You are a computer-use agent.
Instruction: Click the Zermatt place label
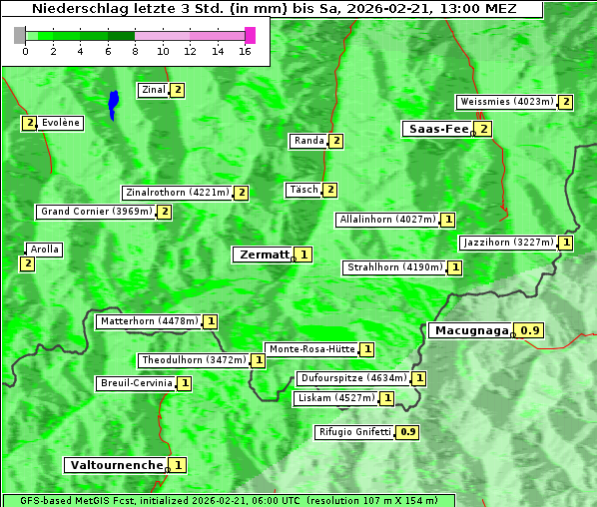click(x=264, y=254)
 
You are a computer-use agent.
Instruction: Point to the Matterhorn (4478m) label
click(x=149, y=321)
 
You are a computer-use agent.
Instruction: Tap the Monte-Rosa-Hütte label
click(x=311, y=349)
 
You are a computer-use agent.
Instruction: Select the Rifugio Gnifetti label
click(x=354, y=432)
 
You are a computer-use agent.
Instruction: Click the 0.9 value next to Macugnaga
click(x=530, y=330)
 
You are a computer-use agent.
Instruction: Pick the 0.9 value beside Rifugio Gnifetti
click(x=407, y=432)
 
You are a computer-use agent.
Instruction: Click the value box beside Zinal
click(x=178, y=90)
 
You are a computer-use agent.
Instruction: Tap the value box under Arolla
click(x=27, y=263)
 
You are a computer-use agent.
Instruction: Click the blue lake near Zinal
click(x=113, y=103)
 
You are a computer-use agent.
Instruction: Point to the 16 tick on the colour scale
click(x=245, y=51)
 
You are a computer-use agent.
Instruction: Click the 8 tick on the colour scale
click(x=135, y=51)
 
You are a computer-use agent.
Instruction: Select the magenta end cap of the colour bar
click(x=250, y=35)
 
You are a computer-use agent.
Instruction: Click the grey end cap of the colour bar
click(x=20, y=35)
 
